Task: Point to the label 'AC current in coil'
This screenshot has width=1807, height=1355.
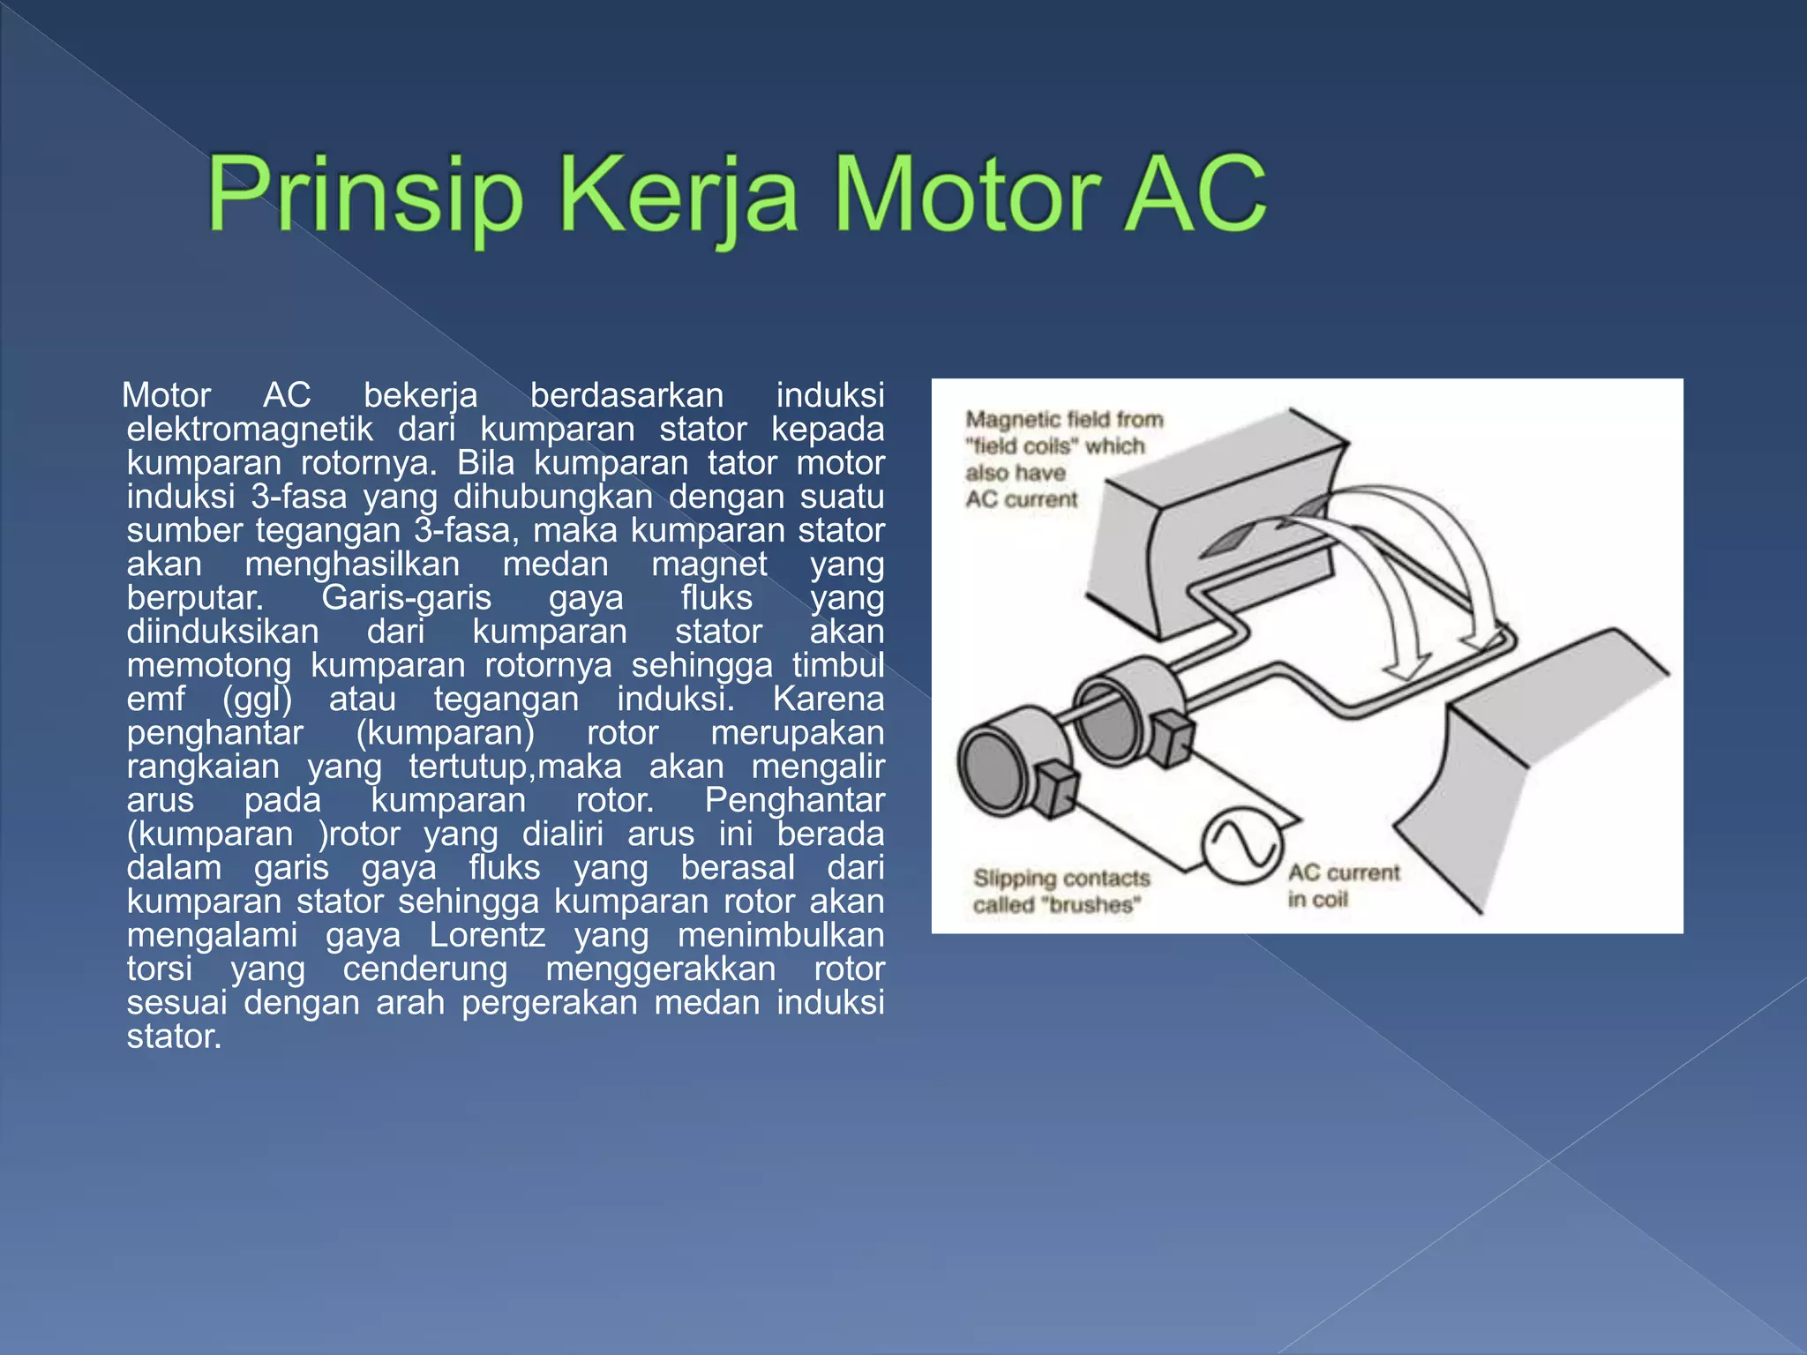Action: click(x=1342, y=886)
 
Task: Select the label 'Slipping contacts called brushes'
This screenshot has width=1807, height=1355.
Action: click(x=1061, y=891)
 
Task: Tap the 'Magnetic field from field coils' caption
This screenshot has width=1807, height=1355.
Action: click(x=1062, y=459)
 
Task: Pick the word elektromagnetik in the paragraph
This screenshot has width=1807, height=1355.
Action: click(x=250, y=430)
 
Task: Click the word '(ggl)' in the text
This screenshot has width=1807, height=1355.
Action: click(x=257, y=699)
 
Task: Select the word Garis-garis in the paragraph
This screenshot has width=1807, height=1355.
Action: click(x=406, y=598)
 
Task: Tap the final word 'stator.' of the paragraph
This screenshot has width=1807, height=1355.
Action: click(x=174, y=1037)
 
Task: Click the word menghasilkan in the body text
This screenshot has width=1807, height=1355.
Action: click(x=352, y=565)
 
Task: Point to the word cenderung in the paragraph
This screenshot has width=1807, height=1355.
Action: click(x=425, y=969)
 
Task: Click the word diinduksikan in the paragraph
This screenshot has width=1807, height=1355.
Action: click(x=222, y=632)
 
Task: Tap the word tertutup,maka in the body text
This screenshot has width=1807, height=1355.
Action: click(x=515, y=767)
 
